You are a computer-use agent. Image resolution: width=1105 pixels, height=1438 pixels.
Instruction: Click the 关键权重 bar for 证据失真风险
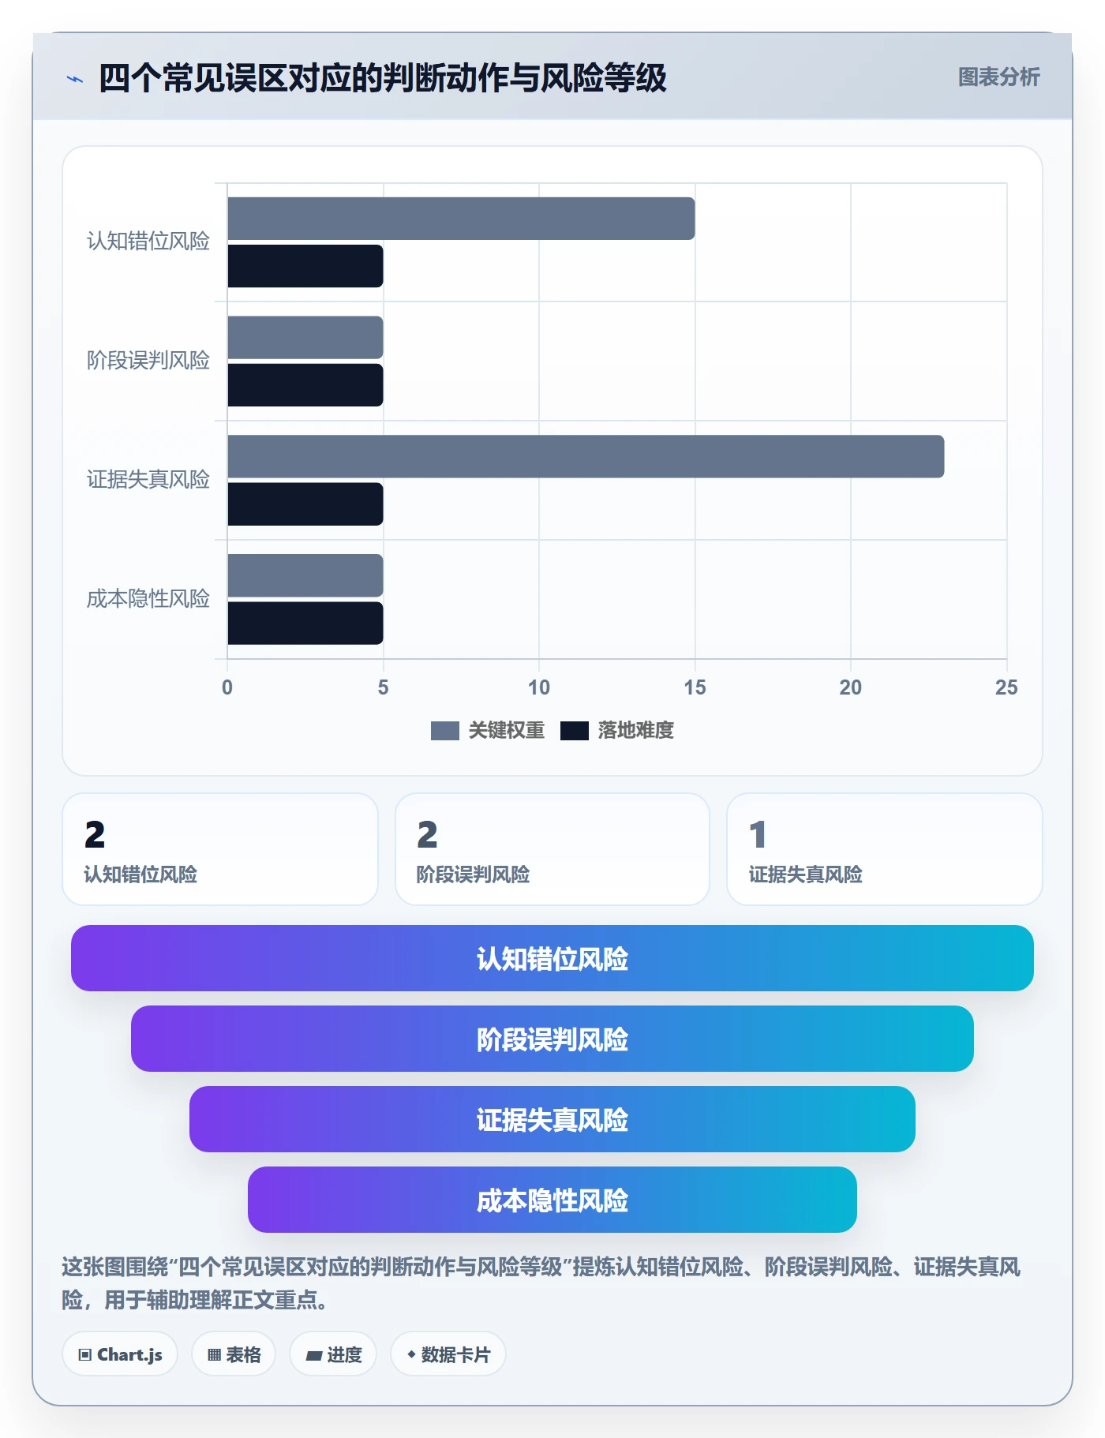tap(586, 456)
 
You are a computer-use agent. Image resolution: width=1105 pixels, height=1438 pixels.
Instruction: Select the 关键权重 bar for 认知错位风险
tap(461, 219)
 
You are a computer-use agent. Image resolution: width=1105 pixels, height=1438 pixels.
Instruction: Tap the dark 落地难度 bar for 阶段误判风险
tap(305, 385)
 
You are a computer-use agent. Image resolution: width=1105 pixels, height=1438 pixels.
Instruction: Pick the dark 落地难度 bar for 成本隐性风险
tap(305, 624)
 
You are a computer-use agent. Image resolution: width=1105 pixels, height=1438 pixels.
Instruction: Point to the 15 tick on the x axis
tap(695, 687)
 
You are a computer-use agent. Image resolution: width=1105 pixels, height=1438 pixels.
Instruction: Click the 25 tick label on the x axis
tap(1006, 687)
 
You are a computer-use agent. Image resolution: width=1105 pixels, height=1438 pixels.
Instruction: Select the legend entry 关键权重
tap(488, 730)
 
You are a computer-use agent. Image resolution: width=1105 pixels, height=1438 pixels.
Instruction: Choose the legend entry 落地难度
tap(617, 730)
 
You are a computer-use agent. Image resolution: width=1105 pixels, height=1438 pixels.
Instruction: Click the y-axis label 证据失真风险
tap(148, 479)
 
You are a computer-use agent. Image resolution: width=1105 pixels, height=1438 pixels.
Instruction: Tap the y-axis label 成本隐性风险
tap(148, 598)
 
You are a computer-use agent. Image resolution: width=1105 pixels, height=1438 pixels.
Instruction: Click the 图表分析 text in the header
tap(998, 77)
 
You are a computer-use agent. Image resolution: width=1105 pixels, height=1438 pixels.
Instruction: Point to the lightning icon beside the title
tap(75, 79)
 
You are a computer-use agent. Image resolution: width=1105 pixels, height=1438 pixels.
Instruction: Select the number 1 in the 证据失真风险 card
tap(758, 835)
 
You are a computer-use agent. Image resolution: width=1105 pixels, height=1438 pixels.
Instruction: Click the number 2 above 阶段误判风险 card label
tap(427, 835)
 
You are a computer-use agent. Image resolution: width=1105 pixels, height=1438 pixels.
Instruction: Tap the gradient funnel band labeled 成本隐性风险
tap(552, 1200)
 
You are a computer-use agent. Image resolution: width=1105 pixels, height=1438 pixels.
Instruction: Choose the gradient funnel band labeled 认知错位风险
tap(552, 958)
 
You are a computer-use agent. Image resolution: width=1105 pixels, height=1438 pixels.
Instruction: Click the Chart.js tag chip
tap(120, 1354)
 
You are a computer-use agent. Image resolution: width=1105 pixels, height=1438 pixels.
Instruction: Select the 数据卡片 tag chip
tap(448, 1354)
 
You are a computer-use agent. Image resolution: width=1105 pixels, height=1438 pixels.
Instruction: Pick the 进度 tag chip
tap(333, 1354)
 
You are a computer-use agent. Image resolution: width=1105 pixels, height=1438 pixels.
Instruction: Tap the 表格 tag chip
tap(234, 1354)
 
